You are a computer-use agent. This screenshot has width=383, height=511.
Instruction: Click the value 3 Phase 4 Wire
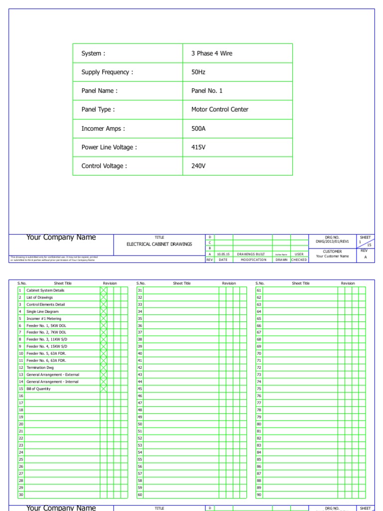click(211, 53)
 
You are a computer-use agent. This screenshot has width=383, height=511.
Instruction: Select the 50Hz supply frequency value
click(198, 72)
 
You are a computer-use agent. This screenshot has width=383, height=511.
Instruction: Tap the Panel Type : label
click(98, 110)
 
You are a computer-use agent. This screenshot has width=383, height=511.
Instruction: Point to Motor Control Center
click(219, 110)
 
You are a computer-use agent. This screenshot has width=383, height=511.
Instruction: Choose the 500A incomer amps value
click(198, 129)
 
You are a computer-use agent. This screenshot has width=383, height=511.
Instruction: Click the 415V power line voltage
click(198, 147)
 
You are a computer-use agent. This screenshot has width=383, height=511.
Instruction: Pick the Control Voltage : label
click(104, 166)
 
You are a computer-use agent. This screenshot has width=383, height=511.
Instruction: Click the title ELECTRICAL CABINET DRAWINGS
click(159, 245)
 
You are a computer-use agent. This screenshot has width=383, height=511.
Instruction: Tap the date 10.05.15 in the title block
click(223, 254)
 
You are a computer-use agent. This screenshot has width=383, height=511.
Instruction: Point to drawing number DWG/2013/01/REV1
click(332, 242)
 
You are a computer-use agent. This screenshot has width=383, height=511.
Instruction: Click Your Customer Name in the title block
click(332, 256)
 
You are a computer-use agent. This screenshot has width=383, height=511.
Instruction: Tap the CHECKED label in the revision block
click(299, 260)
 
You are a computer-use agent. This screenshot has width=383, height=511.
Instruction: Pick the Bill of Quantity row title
click(38, 389)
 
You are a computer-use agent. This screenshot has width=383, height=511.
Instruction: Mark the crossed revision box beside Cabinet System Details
click(103, 290)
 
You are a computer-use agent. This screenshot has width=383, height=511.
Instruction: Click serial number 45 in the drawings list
click(140, 389)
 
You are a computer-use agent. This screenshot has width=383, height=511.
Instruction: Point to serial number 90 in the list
click(259, 495)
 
